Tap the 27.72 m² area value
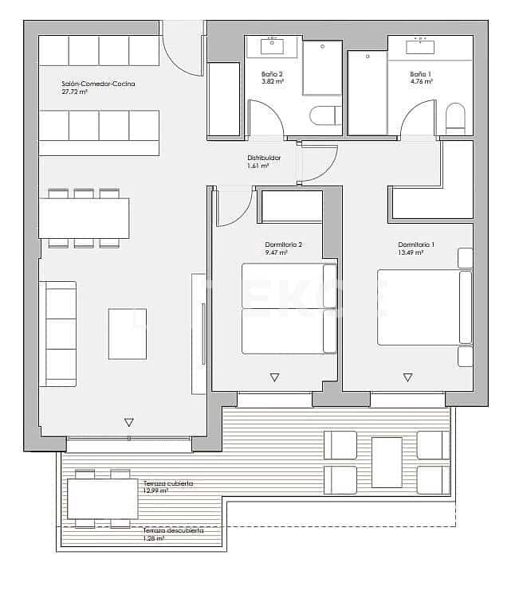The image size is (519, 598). pos(74,92)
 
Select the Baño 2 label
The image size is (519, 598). pos(271,74)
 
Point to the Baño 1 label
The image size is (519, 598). pos(420,74)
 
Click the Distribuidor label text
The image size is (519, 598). pos(264,158)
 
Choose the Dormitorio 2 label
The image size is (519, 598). pos(283,244)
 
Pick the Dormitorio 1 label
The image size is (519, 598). pos(416,244)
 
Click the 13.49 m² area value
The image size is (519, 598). pos(411,252)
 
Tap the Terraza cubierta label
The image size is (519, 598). pos(168,483)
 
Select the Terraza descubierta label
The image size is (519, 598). pos(171,530)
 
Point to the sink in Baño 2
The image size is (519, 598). pos(273,46)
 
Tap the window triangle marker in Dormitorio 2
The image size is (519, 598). pos(274,377)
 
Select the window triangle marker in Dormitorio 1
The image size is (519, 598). pos(407,377)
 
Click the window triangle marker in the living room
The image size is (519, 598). pos(128,422)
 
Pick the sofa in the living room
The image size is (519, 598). pos(58,333)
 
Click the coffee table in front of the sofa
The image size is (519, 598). pos(128,333)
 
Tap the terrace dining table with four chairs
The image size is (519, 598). pos(102,498)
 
